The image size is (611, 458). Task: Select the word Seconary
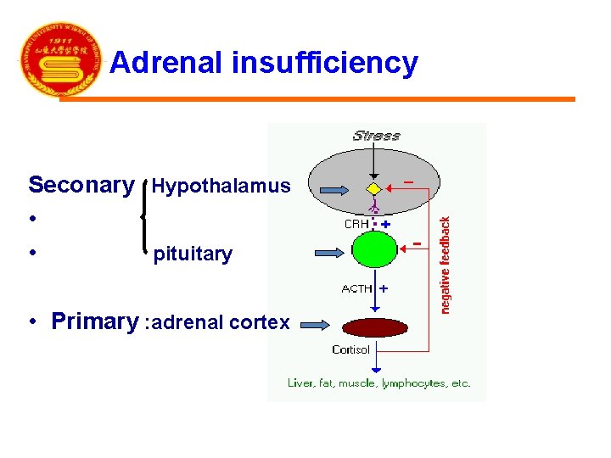pyautogui.click(x=81, y=185)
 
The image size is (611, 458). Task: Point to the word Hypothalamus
pyautogui.click(x=221, y=186)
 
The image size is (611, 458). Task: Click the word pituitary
pyautogui.click(x=193, y=254)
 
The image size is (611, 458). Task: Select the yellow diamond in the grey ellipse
pyautogui.click(x=374, y=188)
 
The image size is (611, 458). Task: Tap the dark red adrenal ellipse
pyautogui.click(x=374, y=327)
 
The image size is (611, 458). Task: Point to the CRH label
pyautogui.click(x=355, y=224)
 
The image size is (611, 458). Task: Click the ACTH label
pyautogui.click(x=356, y=289)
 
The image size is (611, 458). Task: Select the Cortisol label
pyautogui.click(x=350, y=349)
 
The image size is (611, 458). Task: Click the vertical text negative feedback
pyautogui.click(x=445, y=263)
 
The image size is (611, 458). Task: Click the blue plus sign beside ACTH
pyautogui.click(x=384, y=288)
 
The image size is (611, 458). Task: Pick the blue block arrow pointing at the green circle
pyautogui.click(x=329, y=252)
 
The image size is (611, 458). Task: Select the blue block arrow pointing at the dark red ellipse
pyautogui.click(x=317, y=323)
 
